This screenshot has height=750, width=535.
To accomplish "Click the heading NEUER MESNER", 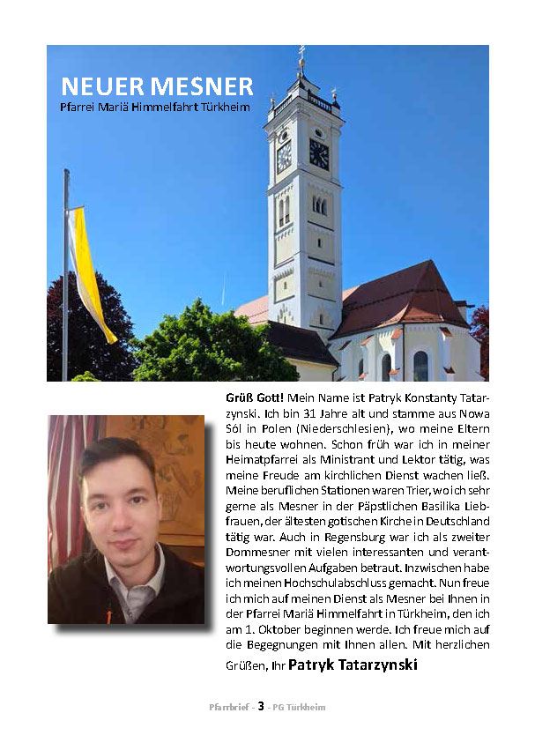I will click(157, 86).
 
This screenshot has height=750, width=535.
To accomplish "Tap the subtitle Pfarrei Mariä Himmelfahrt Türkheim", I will click(155, 108).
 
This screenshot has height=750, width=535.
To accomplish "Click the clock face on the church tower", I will click(318, 154).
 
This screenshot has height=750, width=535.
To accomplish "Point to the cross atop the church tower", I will click(301, 54).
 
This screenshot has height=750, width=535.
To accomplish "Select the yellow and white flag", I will click(89, 273).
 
